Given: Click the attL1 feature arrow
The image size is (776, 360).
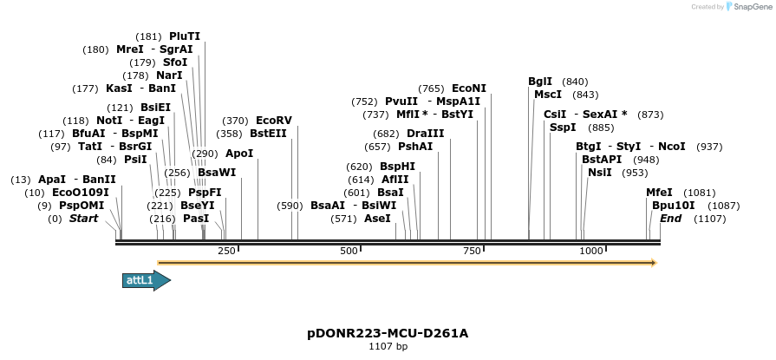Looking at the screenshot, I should point(146,280).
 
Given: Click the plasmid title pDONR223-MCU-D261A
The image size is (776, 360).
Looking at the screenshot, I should point(388,333).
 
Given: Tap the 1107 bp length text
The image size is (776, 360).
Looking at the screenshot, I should point(388,346).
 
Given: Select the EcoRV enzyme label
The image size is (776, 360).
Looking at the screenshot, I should point(274,121).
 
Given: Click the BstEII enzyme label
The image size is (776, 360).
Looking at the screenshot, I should point(269,134).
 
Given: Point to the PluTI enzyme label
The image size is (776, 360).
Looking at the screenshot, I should point(185,36).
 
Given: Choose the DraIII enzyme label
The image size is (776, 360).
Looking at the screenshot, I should point(425,134).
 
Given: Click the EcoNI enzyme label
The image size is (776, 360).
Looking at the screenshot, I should point(469,88).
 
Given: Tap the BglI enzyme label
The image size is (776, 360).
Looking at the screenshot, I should point(540,82).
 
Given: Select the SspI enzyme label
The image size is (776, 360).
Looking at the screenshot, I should point(563,128).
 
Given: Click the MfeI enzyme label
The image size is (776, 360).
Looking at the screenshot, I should point(659,193).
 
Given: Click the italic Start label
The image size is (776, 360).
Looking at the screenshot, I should point(83,219).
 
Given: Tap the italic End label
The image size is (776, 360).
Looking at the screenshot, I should point(670,219).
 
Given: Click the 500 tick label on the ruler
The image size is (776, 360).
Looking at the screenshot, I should point(349,251).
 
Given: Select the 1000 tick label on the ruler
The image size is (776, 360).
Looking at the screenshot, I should point(591,251).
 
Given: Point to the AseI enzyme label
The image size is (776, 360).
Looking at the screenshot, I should point(377,219).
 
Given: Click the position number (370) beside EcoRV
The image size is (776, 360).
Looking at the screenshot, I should point(235,121).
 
